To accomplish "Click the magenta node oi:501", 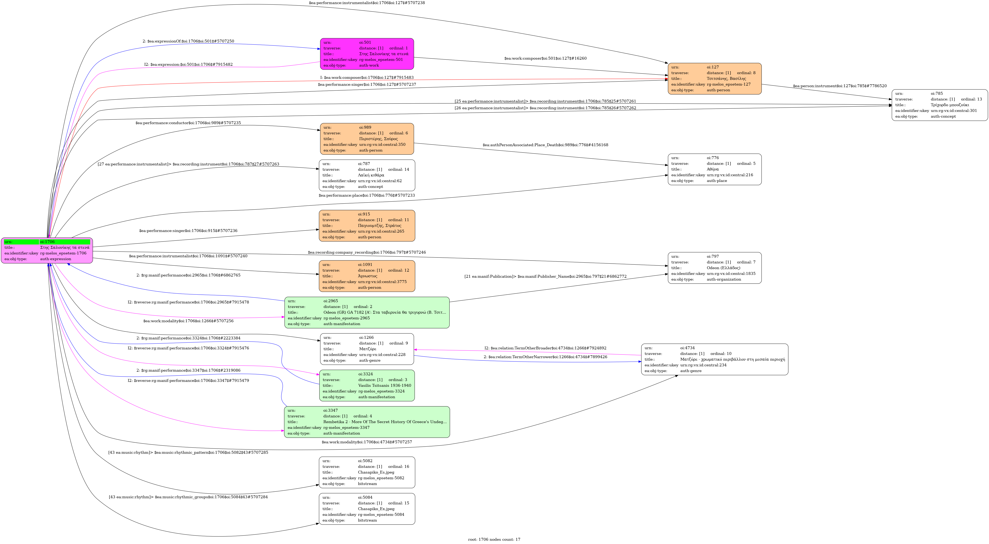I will click(367, 54).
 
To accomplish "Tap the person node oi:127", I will click(714, 79).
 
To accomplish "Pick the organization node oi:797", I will click(714, 268).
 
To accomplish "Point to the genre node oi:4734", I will click(714, 359).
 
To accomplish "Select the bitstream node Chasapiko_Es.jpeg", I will click(367, 472).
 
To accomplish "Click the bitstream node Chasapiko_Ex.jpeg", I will click(367, 509).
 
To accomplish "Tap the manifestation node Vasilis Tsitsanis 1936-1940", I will click(367, 385).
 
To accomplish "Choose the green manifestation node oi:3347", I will click(367, 422).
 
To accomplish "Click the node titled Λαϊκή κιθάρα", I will click(367, 175).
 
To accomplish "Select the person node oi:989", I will click(367, 139).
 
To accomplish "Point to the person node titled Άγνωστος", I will click(367, 276).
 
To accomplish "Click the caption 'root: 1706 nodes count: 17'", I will click(494, 539).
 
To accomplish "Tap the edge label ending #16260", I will click(545, 58).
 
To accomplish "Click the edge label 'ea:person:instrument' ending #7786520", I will click(840, 86).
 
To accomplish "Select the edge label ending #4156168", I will click(545, 145).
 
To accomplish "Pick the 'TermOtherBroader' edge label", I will click(545, 348).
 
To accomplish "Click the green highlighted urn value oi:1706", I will click(64, 242).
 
